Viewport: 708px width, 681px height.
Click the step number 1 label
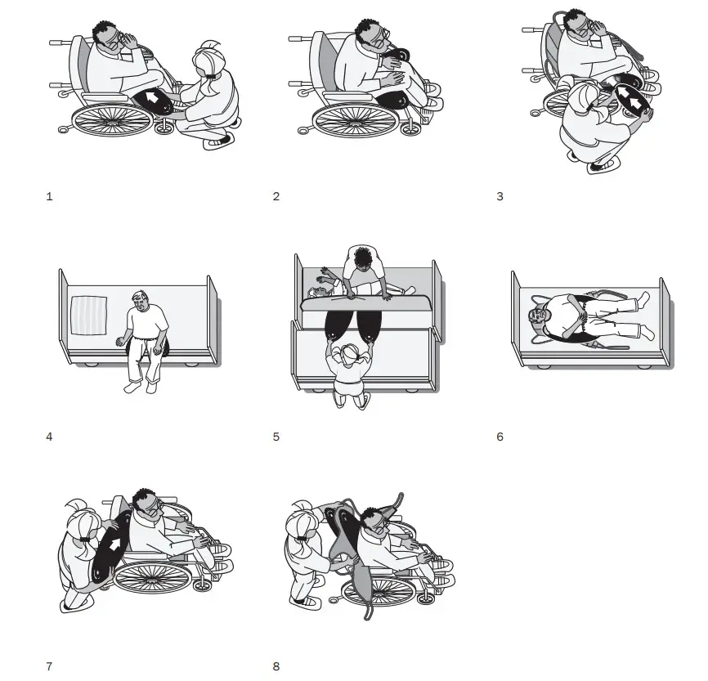(49, 197)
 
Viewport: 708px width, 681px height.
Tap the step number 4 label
(49, 437)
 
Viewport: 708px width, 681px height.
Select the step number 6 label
(500, 437)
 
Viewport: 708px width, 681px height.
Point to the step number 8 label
(276, 666)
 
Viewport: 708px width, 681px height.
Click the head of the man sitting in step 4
(143, 300)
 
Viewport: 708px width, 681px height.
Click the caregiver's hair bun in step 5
(350, 350)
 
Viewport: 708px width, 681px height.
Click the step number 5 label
(276, 437)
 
